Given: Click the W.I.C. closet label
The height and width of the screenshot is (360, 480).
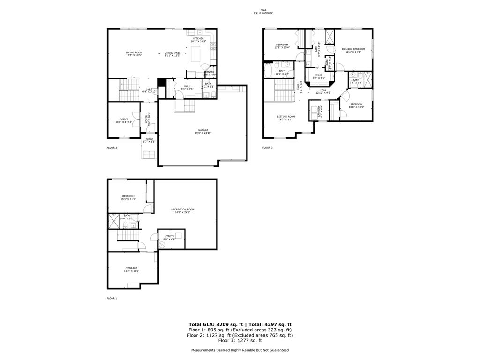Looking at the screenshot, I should click(x=318, y=76).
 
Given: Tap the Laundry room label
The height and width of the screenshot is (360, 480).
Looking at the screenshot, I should click(x=318, y=112).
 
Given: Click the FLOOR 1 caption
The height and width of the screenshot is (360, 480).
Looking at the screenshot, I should click(x=112, y=298).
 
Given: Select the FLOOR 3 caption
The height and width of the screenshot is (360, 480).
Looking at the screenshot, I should click(x=267, y=148).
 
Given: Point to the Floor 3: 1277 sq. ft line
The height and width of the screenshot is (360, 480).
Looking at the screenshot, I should click(x=240, y=341).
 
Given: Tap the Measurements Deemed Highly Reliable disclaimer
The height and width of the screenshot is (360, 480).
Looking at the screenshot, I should click(x=240, y=350).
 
